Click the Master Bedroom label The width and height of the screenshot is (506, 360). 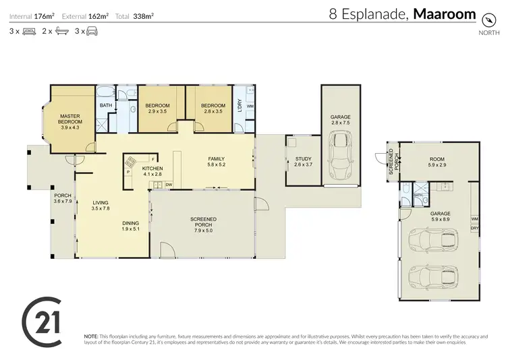[x=70, y=121]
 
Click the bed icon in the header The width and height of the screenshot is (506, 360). [x=29, y=31]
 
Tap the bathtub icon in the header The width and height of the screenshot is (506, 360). [x=61, y=31]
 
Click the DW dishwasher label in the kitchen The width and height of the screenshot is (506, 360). [x=169, y=184]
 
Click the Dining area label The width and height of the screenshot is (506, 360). [x=130, y=227]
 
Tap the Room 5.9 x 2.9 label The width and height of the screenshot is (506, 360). [x=437, y=162]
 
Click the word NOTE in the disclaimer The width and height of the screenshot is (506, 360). [x=91, y=336]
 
